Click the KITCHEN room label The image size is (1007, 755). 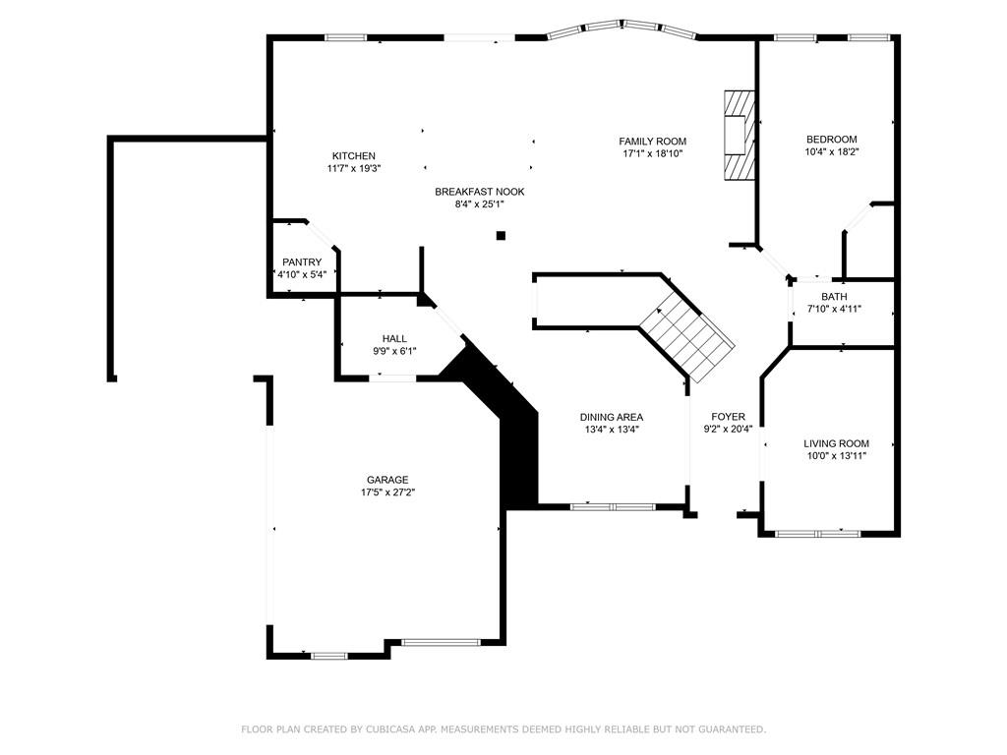coord(354,156)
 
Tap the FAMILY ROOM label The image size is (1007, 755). coord(653,142)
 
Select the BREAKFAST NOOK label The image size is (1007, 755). coord(480,192)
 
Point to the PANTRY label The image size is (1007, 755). coord(302,262)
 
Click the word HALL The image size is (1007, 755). coord(394,339)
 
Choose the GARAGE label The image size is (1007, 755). coord(387,480)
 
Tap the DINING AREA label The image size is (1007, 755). coord(612,417)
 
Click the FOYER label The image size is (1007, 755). coord(729,417)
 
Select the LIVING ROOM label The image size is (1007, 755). coord(836,443)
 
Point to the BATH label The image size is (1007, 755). coord(834,297)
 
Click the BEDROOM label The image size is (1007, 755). coord(832,140)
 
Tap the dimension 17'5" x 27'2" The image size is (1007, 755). coord(387,493)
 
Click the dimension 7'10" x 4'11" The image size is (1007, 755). coord(834,309)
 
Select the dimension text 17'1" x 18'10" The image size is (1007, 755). coord(653,153)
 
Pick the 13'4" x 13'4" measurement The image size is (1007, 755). coord(612,430)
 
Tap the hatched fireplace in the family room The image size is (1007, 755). coord(739,136)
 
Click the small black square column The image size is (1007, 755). coord(501,236)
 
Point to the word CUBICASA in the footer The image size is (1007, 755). coord(392,729)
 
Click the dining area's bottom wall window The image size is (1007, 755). coord(614,507)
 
